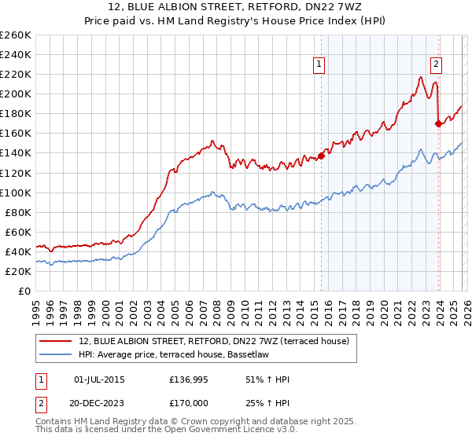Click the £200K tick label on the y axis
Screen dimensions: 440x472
(x=16, y=93)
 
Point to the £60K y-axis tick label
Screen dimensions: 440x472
(x=18, y=232)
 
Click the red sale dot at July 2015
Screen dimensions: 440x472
(x=321, y=156)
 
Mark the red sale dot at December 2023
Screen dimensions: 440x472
(x=438, y=123)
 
